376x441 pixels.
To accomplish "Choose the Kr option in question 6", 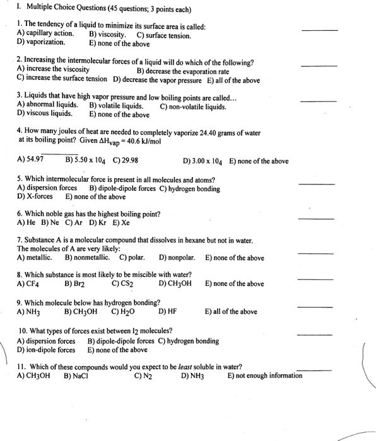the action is coord(98,223).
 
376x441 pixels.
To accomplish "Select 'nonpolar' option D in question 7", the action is coord(177,258).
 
